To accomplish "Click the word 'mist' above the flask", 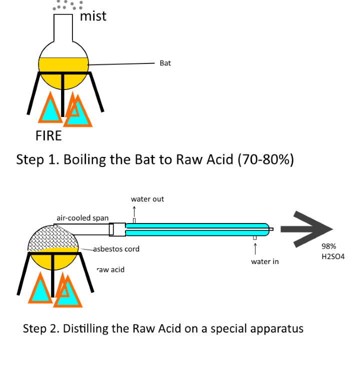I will pyautogui.click(x=93, y=16).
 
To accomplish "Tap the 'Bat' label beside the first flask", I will pyautogui.click(x=165, y=63).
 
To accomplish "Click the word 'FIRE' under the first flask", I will pyautogui.click(x=48, y=136).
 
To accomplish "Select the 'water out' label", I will pyautogui.click(x=147, y=199).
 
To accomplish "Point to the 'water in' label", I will pyautogui.click(x=264, y=261).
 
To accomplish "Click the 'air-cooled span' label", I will pyautogui.click(x=82, y=218).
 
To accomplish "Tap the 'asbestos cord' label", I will pyautogui.click(x=116, y=249).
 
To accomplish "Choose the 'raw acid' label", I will pyautogui.click(x=110, y=270).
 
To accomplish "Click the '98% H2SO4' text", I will pyautogui.click(x=332, y=251).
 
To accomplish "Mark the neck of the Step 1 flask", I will pyautogui.click(x=63, y=27).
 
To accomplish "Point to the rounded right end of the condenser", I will pyautogui.click(x=270, y=229).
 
